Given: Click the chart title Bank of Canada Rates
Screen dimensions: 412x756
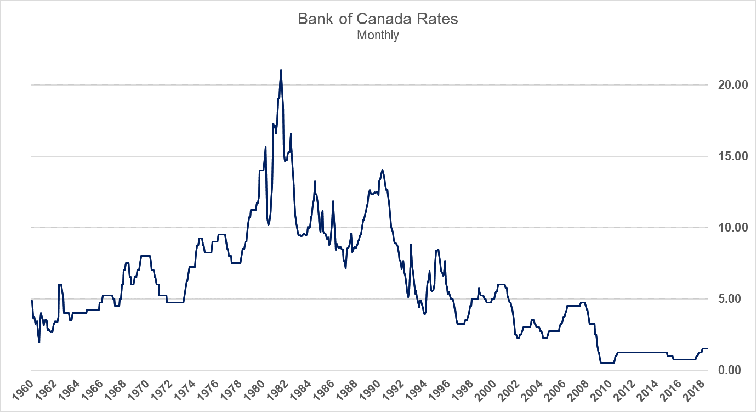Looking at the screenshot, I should pos(378,19).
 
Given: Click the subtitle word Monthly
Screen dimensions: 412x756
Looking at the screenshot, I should pos(378,36).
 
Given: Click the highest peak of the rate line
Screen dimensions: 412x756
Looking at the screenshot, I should pos(281,70).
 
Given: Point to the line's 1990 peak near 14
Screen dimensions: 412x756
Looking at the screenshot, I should pos(382,170).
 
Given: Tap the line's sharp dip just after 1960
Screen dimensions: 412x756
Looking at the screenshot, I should pos(39,342).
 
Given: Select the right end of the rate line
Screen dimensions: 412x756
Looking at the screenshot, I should pos(707,349).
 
